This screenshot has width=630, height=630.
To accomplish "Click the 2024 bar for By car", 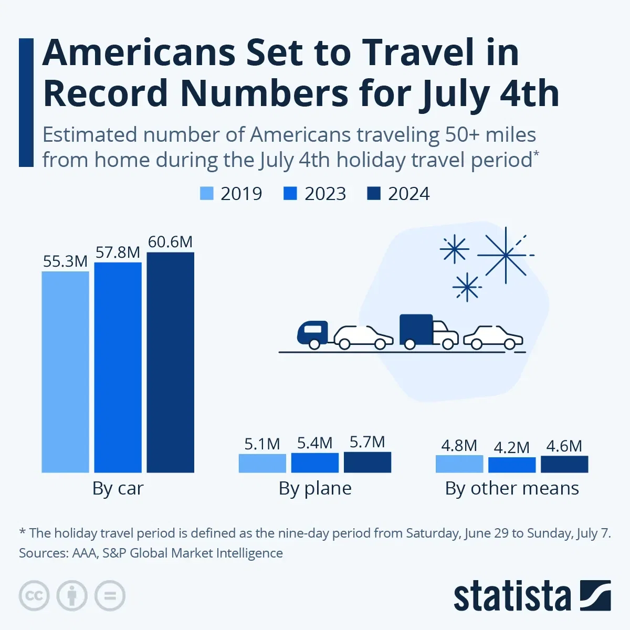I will pyautogui.click(x=170, y=362).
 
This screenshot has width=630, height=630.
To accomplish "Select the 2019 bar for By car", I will pyautogui.click(x=65, y=372).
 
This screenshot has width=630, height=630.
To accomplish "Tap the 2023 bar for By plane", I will pyautogui.click(x=315, y=463).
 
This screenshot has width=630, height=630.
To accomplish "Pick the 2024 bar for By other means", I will pyautogui.click(x=564, y=464).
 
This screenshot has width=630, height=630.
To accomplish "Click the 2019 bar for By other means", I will pyautogui.click(x=459, y=464).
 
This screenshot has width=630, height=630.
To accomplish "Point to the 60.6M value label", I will pyautogui.click(x=170, y=242).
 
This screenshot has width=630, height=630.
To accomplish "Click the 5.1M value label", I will pyautogui.click(x=262, y=444).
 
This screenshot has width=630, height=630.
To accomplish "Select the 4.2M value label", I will pyautogui.click(x=511, y=447).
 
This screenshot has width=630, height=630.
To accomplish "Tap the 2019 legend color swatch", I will pyautogui.click(x=207, y=194).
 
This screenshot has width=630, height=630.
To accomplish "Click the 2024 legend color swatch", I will pyautogui.click(x=373, y=194).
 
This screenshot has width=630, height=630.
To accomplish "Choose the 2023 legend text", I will pyautogui.click(x=325, y=194).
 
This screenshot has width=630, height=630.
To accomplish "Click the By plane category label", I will pyautogui.click(x=315, y=488).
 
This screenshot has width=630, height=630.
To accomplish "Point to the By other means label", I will pyautogui.click(x=512, y=488).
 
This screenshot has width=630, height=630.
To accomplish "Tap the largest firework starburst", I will pyautogui.click(x=505, y=255).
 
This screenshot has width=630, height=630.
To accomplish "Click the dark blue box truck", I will pyautogui.click(x=416, y=330).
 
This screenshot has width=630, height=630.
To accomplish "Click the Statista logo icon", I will pyautogui.click(x=595, y=595).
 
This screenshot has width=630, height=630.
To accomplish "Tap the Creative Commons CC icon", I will pyautogui.click(x=34, y=596).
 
